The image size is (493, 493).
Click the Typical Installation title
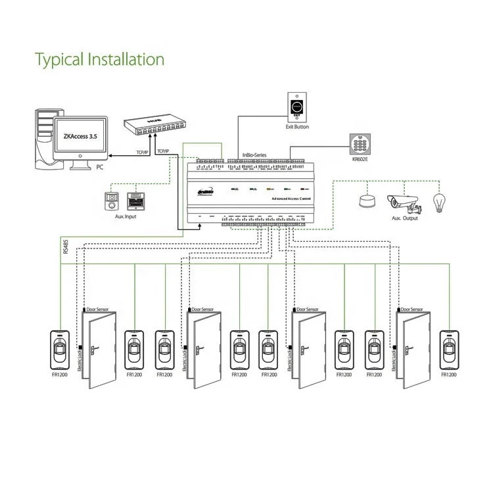[x=99, y=59]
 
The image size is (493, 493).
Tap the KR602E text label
[x=360, y=158]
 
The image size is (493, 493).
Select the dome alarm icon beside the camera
[x=366, y=200]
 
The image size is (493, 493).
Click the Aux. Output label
[x=405, y=218]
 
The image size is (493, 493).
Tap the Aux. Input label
[x=125, y=216]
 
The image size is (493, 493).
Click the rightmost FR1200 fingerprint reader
[x=449, y=349]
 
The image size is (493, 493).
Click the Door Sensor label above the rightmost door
[x=413, y=308]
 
